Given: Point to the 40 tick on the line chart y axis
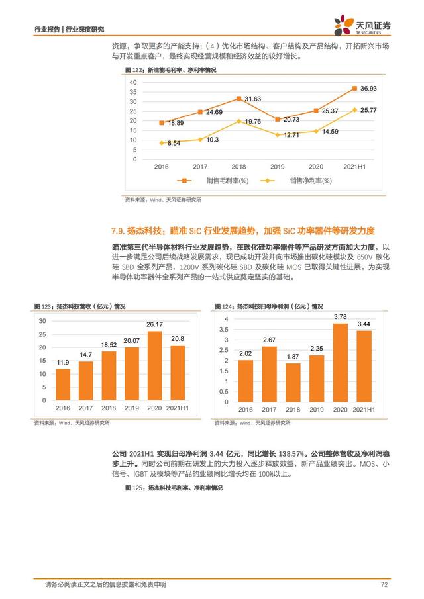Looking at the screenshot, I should [133, 82].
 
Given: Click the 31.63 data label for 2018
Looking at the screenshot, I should [252, 99].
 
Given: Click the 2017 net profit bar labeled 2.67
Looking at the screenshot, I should [269, 374].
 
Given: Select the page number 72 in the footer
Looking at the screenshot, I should [384, 584].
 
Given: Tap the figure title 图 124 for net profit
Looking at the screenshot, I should [268, 306].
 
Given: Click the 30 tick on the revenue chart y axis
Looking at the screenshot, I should [42, 320].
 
